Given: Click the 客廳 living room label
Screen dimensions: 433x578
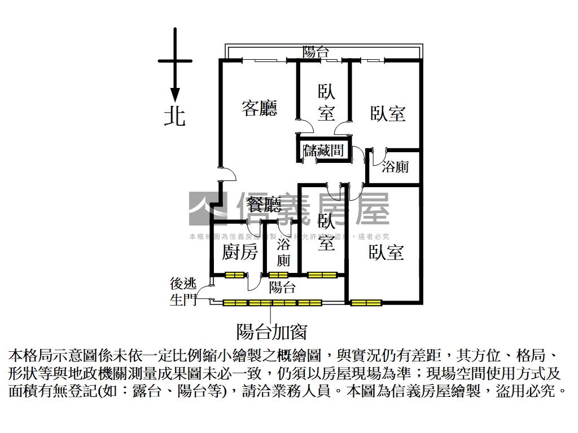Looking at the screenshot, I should pos(260,108).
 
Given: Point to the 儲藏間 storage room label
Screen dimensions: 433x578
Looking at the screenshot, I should pos(324,151).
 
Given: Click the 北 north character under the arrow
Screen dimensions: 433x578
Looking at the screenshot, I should pos(174,116).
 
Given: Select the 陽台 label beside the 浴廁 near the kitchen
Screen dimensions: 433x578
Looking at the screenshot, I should pos(282,288).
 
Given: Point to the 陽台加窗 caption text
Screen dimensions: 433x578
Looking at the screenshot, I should pos(272,332).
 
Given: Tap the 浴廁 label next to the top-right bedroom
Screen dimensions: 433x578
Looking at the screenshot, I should pos(395,167).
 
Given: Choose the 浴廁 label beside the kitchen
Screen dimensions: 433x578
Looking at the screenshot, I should pos(284,253).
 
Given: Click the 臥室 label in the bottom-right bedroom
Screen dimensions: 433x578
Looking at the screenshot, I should pos(387,253).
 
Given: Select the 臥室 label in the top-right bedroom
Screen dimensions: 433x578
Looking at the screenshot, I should pos(388,114).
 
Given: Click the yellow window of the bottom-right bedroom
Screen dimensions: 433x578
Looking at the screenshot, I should pos(365,303).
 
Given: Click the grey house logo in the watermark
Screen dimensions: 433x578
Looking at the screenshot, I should pos(207,208).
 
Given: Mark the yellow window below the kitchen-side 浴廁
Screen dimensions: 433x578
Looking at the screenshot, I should pos(279,275).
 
